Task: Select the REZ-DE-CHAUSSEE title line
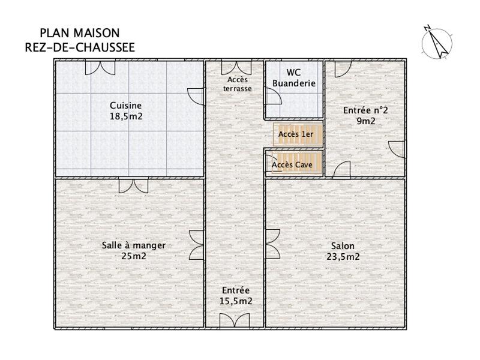pos(79,47)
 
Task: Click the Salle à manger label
pos(133,245)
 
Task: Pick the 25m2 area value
pos(133,256)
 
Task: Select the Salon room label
pos(343,246)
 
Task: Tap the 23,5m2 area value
pos(343,257)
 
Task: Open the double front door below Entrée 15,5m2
pos(234,320)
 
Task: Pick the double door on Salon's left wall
pos(271,243)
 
